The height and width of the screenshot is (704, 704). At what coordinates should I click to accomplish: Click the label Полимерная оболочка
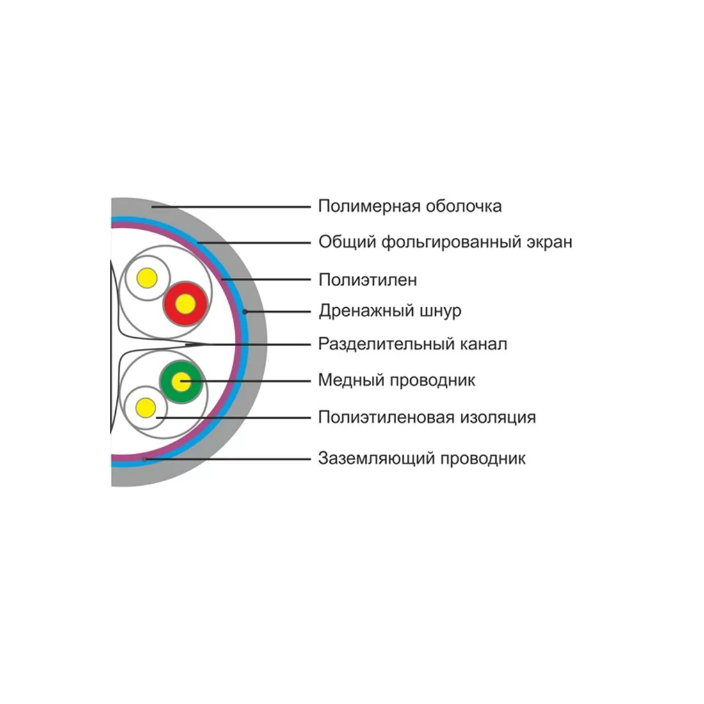click(410, 206)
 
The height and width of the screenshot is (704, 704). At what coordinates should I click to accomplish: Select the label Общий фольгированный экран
click(445, 242)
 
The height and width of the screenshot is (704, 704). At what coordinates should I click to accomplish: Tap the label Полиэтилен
click(367, 280)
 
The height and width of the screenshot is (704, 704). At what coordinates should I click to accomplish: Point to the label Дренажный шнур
click(390, 311)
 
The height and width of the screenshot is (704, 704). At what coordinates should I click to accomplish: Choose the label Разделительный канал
click(412, 344)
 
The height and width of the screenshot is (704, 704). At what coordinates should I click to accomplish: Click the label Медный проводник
click(396, 380)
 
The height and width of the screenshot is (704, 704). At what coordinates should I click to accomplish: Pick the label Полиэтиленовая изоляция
click(426, 418)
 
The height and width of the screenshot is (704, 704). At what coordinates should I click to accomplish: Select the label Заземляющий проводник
click(421, 458)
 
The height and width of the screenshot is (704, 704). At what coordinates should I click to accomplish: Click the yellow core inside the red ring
click(185, 304)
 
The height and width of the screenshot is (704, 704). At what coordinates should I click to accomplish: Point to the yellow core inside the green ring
click(181, 382)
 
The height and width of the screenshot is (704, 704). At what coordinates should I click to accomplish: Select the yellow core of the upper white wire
click(147, 278)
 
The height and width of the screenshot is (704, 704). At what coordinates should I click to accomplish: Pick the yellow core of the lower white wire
click(146, 407)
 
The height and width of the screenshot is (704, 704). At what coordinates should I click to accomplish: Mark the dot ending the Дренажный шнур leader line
click(245, 312)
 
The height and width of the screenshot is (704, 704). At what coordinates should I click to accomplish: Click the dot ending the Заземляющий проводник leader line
click(145, 459)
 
